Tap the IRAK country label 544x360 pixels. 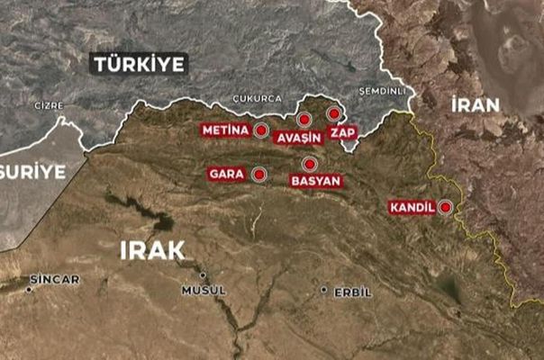(x=151, y=250)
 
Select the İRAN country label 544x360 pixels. (x=475, y=104)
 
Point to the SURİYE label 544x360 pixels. (x=34, y=171)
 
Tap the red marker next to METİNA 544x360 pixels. (x=261, y=130)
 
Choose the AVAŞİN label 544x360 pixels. (x=298, y=138)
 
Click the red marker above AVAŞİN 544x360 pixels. (x=304, y=119)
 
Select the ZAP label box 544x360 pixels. (x=343, y=133)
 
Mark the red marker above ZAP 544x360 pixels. (x=334, y=113)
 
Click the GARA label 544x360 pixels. (x=227, y=174)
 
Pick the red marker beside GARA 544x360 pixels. (x=259, y=174)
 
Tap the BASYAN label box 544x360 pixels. (x=315, y=181)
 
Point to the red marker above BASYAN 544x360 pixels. (x=309, y=164)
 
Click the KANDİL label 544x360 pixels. (x=412, y=207)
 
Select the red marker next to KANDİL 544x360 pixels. (x=444, y=207)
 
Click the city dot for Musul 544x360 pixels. (x=203, y=275)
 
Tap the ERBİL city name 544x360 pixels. (x=353, y=291)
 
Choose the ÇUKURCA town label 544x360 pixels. (x=257, y=98)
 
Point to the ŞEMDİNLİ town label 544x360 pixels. (x=383, y=91)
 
